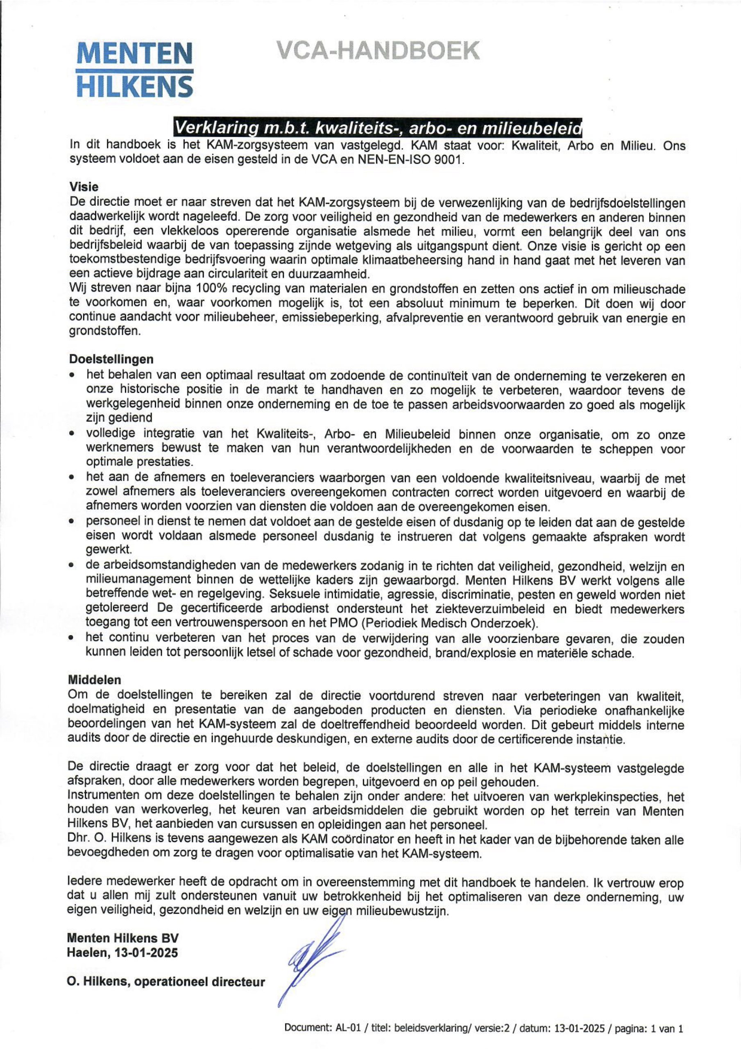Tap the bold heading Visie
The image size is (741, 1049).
(84, 187)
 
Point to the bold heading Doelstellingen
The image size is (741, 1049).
(111, 359)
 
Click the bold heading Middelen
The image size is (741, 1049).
(95, 680)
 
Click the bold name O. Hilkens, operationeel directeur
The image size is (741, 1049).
(166, 981)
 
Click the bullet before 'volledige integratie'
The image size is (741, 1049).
(72, 434)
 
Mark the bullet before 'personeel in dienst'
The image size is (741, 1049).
(72, 521)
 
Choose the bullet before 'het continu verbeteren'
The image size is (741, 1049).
(72, 639)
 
